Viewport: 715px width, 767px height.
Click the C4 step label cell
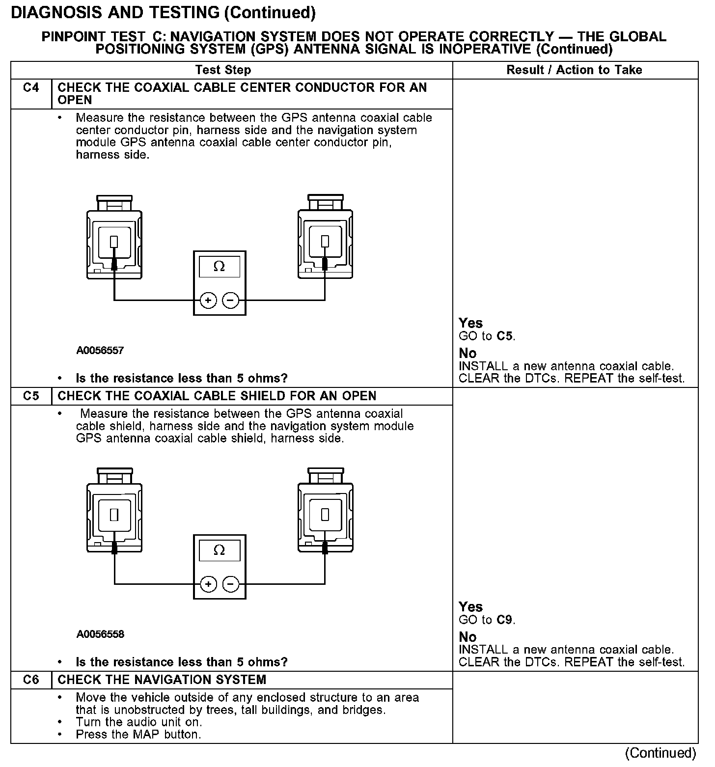(x=31, y=88)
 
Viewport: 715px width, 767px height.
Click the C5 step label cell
(x=31, y=396)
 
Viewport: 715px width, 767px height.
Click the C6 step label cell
(x=31, y=680)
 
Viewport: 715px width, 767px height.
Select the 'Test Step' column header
(x=223, y=70)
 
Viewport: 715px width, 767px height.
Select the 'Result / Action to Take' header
(x=574, y=70)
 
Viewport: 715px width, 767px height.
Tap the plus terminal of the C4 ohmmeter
(x=208, y=300)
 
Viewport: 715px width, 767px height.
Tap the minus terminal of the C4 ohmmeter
(x=230, y=300)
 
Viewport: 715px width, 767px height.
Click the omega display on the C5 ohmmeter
(x=220, y=550)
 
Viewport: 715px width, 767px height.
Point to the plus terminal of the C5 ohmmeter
(x=208, y=584)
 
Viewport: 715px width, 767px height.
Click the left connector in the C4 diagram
(x=114, y=239)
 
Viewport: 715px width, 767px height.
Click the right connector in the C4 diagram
(x=325, y=239)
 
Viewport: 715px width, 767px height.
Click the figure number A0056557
(x=100, y=351)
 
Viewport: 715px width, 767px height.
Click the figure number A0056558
(x=100, y=634)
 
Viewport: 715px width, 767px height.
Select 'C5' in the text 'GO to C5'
(x=505, y=336)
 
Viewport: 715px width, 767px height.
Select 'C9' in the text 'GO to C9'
(x=505, y=620)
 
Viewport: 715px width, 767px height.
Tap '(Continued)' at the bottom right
(x=660, y=753)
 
